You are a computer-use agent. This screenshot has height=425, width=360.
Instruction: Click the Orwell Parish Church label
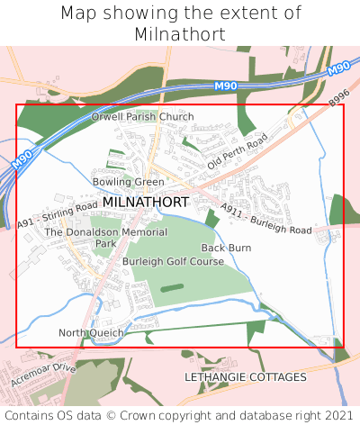pyautogui.click(x=142, y=117)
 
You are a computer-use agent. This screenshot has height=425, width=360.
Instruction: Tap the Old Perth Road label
pyautogui.click(x=238, y=152)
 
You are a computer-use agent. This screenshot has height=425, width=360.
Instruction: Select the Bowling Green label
pyautogui.click(x=129, y=182)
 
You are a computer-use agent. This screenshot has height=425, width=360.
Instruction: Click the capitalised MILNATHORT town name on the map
pyautogui.click(x=145, y=203)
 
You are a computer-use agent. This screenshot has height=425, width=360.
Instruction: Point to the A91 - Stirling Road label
pyautogui.click(x=57, y=215)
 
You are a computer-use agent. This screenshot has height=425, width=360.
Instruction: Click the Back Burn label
pyautogui.click(x=226, y=248)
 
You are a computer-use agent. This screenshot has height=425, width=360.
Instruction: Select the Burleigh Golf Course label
pyautogui.click(x=174, y=262)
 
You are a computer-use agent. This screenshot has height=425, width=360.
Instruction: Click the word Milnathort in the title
pyautogui.click(x=180, y=34)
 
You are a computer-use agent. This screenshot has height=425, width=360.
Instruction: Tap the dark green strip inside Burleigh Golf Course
pyautogui.click(x=172, y=289)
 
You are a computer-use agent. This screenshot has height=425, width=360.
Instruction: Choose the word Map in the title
pyautogui.click(x=78, y=14)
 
